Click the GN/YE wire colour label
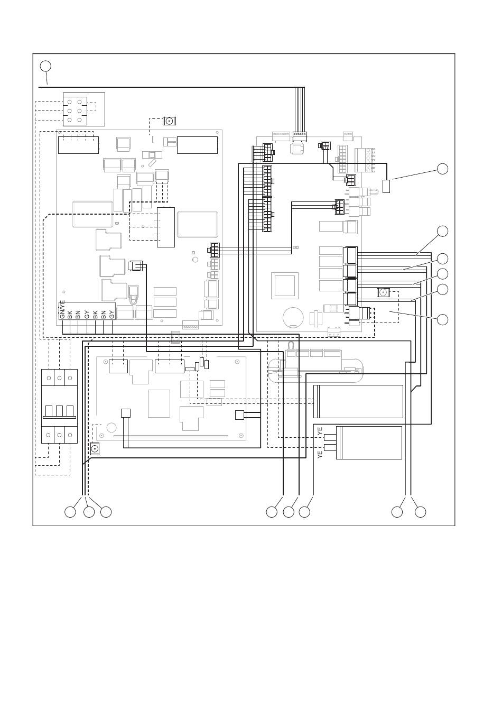point(62,309)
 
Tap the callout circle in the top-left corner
point(45,66)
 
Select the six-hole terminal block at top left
point(75,111)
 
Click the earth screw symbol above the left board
point(170,121)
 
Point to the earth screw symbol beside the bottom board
point(94,449)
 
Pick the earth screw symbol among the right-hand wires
point(384,292)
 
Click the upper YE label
point(320,431)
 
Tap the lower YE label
point(320,455)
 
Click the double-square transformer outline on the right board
point(285,286)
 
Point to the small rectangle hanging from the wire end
point(386,187)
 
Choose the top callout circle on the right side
point(442,169)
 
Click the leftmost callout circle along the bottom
point(70,512)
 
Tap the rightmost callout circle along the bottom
point(420,512)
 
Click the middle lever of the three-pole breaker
point(60,411)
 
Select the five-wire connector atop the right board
point(300,136)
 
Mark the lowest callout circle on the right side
point(442,319)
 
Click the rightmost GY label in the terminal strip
point(111,315)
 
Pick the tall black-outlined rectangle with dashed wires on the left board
point(165,227)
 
